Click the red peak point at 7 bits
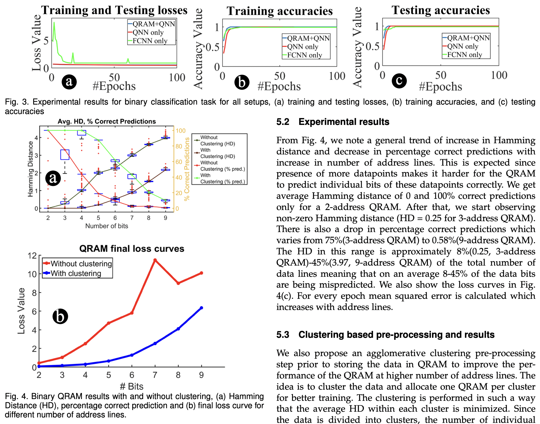coord(155,260)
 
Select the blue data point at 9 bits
coord(201,308)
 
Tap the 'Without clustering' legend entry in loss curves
coord(81,264)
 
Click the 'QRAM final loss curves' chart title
coord(132,248)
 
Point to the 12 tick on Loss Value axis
coord(32,256)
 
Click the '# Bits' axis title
coord(131,386)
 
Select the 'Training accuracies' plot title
coord(279,11)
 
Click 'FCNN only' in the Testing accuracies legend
coord(464,54)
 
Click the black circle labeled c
coord(399,81)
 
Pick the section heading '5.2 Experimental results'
coord(333,122)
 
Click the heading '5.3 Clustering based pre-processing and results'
coord(385,335)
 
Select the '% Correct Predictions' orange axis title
coord(187,169)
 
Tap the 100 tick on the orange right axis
coord(181,131)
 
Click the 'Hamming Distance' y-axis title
coord(30,169)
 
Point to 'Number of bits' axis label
coord(107,226)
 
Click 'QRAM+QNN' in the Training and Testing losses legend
coord(153,24)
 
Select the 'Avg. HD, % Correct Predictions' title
coord(107,121)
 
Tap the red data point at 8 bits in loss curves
coord(178,283)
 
